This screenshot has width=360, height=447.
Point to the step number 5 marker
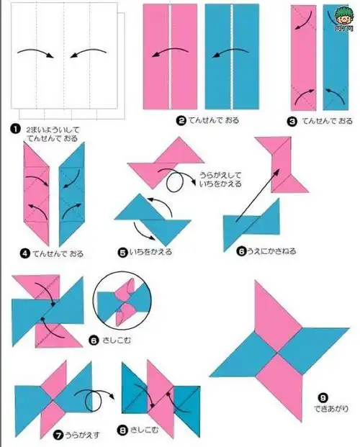point(122,252)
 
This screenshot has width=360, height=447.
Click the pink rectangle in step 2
point(170,55)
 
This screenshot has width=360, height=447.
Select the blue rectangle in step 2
point(232,55)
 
